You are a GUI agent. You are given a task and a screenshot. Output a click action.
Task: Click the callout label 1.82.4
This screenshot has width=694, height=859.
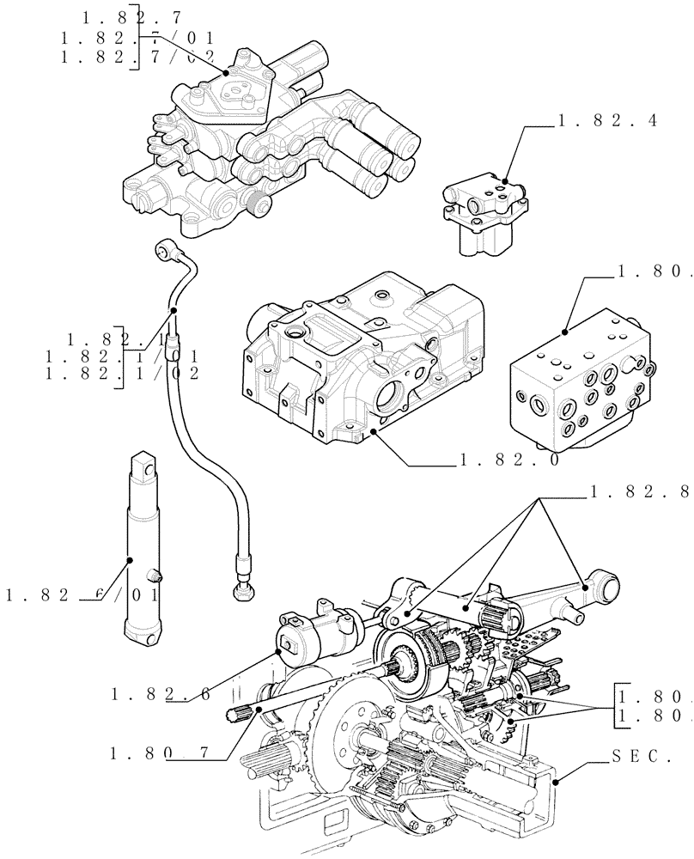click(606, 121)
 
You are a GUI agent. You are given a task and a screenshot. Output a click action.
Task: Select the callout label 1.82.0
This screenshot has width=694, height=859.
click(509, 460)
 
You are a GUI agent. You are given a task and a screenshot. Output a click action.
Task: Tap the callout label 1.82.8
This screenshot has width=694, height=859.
click(640, 492)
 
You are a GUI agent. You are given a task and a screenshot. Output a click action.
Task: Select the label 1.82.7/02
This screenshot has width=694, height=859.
click(137, 57)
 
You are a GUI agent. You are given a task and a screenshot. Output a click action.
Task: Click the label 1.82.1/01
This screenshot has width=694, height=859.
click(122, 356)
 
